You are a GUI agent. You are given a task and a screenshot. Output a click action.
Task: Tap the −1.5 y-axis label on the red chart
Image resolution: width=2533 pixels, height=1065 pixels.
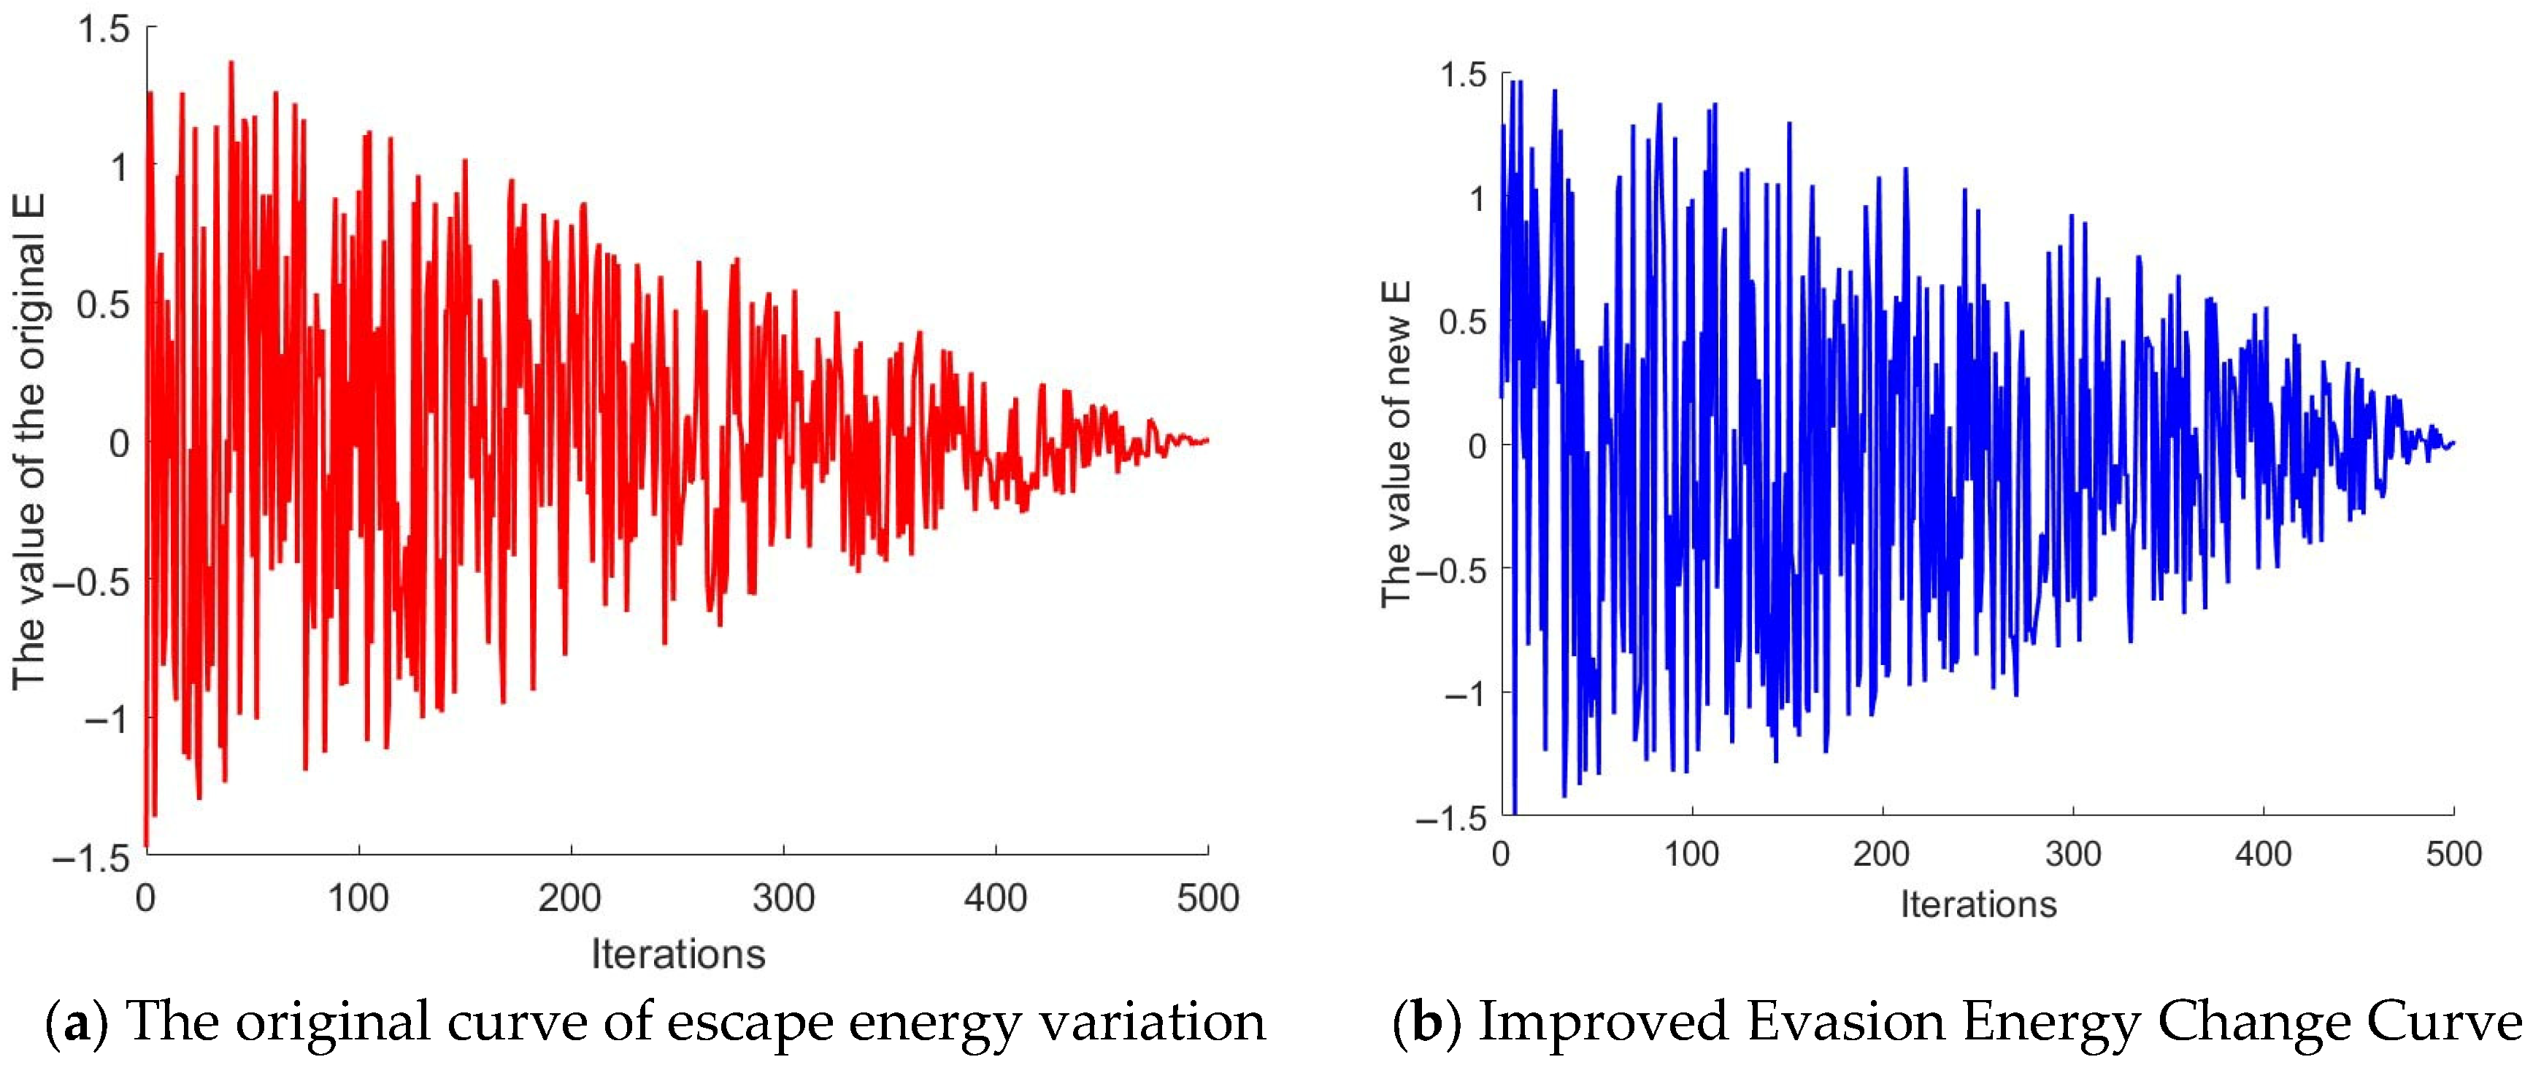[91, 858]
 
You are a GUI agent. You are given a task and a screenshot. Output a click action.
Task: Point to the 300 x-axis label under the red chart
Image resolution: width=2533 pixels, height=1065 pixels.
[784, 898]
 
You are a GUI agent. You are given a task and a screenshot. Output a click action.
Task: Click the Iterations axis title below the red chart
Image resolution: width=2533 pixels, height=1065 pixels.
[678, 954]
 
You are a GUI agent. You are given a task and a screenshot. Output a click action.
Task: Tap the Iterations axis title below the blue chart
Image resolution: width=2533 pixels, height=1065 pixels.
[1978, 904]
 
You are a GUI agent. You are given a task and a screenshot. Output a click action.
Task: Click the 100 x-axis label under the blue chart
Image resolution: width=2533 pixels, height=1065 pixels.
[1691, 853]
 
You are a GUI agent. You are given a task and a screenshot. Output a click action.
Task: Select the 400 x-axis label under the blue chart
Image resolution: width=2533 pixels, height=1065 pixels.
[2264, 853]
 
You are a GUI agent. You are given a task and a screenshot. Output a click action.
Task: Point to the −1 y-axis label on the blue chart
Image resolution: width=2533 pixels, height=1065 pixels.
[1465, 694]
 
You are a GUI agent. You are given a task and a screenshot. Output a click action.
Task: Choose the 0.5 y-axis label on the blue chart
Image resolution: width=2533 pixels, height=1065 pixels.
[1463, 322]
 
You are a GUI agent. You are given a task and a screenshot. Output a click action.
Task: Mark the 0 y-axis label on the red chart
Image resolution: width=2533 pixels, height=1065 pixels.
[119, 444]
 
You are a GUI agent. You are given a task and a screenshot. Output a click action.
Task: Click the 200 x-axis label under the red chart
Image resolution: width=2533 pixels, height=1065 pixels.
[570, 898]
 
